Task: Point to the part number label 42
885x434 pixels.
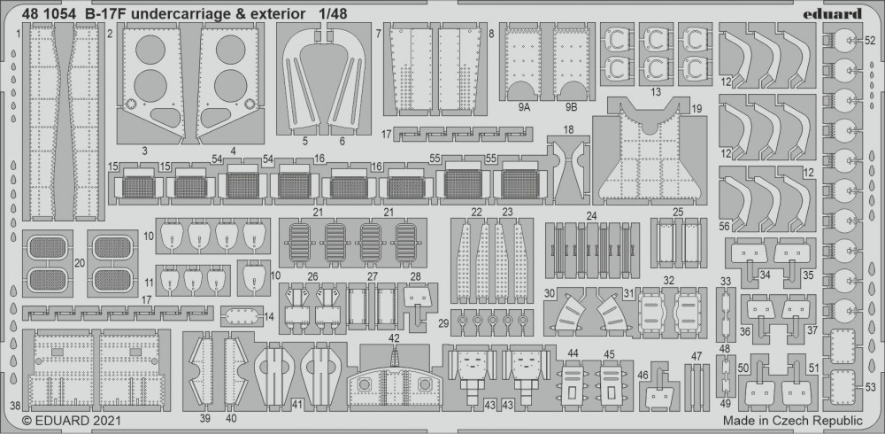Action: tap(394, 338)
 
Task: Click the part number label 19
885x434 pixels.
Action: tap(696, 108)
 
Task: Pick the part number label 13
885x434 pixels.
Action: tap(656, 91)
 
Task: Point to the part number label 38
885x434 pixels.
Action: tap(14, 405)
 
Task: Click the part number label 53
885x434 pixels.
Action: tap(870, 386)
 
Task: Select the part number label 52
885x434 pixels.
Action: tap(870, 41)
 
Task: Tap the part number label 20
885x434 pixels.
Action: tap(81, 262)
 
